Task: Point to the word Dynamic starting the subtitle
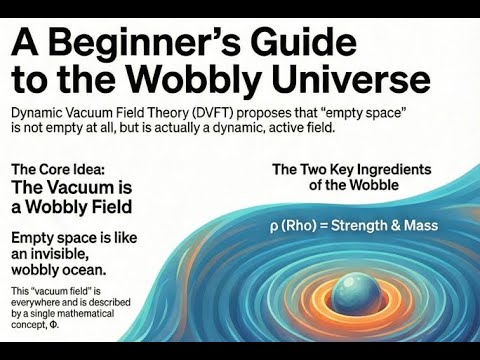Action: (x=42, y=113)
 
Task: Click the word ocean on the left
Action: (x=111, y=274)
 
